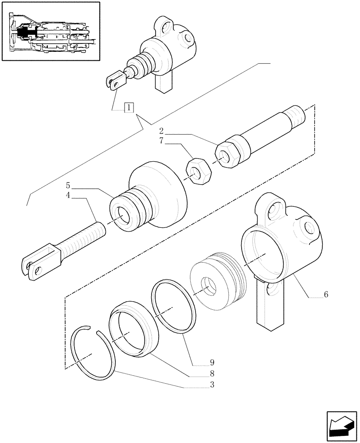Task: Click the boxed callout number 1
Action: pos(129,107)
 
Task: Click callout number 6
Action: pos(326,294)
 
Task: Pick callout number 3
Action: pos(212,385)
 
